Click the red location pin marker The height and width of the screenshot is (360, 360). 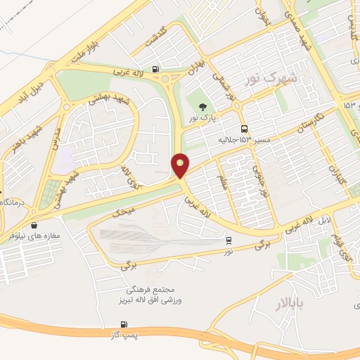181,166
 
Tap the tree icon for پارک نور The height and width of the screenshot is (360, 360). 202,108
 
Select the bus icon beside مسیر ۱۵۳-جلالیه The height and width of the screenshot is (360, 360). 244,129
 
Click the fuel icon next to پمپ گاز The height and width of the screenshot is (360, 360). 124,324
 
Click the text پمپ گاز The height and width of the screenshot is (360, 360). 121,334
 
